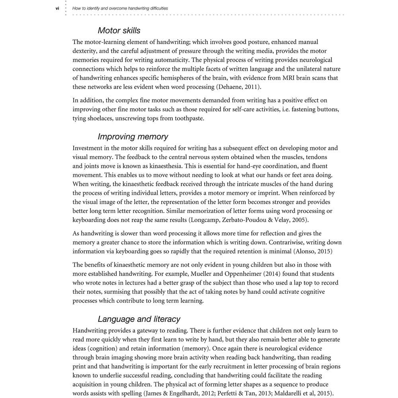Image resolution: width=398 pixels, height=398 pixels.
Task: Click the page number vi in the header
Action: (x=57, y=8)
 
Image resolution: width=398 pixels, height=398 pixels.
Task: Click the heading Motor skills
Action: (x=119, y=30)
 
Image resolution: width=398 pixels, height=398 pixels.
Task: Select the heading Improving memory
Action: (x=133, y=137)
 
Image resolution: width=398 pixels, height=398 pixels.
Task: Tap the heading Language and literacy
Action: (x=139, y=319)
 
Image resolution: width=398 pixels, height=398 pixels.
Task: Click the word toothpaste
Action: (x=188, y=118)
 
